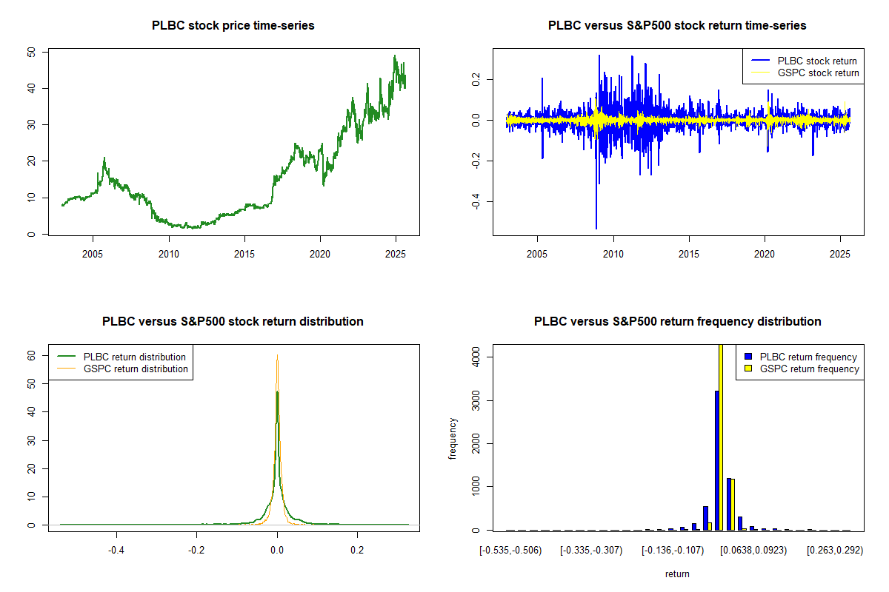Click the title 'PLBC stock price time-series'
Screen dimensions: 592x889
pos(233,26)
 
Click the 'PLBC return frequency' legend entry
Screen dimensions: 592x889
pos(808,357)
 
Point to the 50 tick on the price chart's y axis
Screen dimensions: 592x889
pos(31,53)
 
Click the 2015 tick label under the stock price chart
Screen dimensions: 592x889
pos(244,252)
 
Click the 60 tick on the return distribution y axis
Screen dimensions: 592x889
pos(31,355)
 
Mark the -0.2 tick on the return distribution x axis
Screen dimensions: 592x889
pos(196,550)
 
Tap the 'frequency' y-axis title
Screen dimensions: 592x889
pos(453,438)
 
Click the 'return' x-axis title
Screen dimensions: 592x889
pos(677,573)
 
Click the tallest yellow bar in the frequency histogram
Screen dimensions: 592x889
pos(722,437)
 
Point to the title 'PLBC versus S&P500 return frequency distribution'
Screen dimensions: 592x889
pos(677,322)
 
